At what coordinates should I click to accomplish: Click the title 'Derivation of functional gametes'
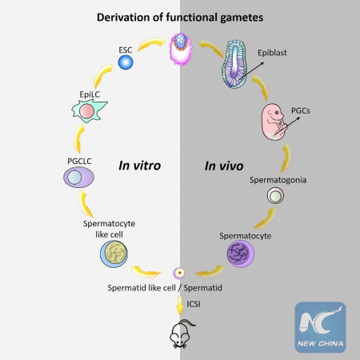[x=179, y=16]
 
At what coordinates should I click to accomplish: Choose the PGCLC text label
[x=82, y=162]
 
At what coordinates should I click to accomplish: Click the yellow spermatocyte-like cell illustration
[x=114, y=254]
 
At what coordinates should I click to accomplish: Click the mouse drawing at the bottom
[x=180, y=334]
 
